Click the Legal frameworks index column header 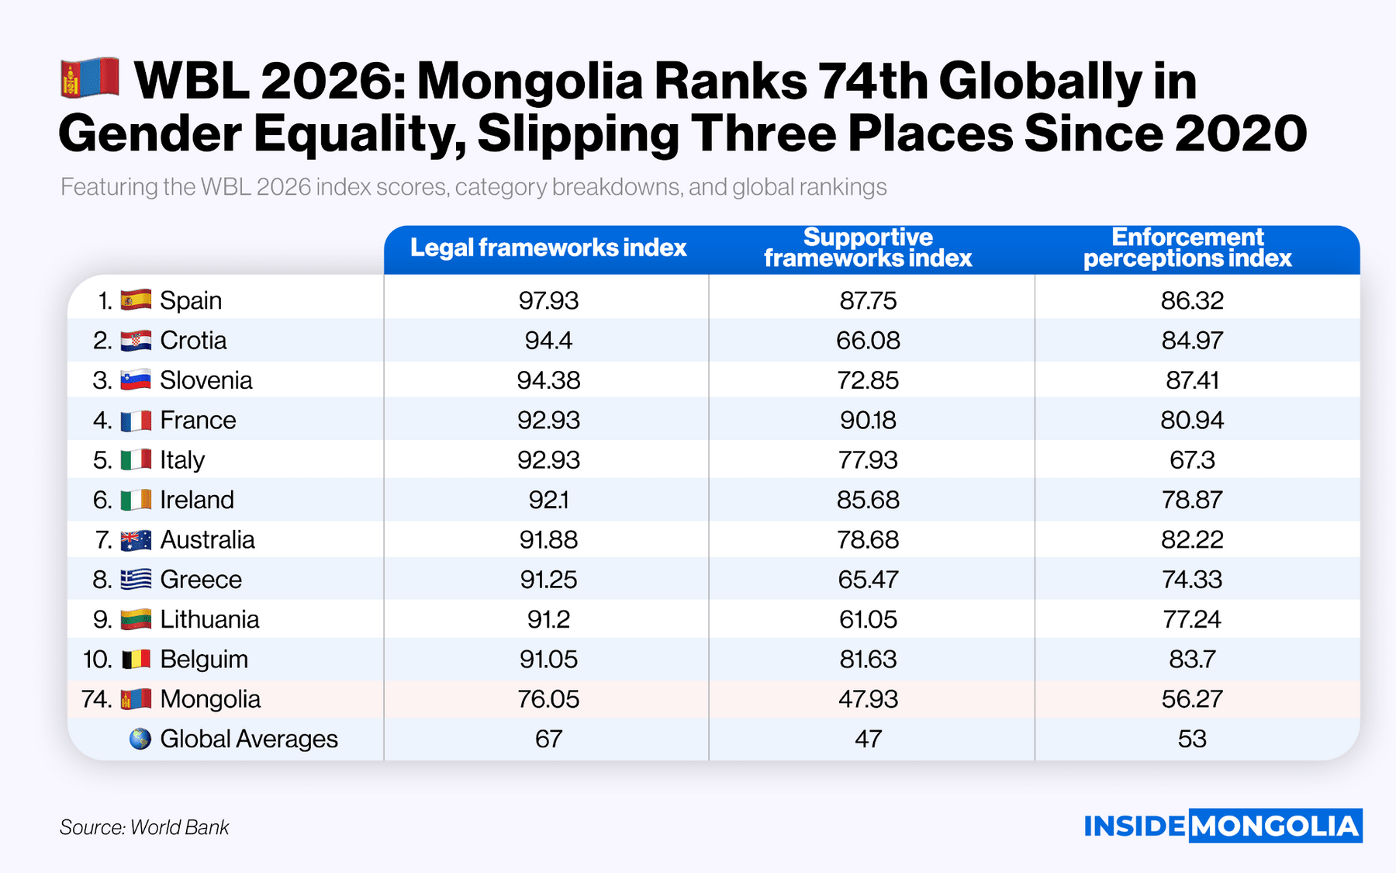(548, 248)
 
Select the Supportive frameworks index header (868, 248)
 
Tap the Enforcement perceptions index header (1187, 248)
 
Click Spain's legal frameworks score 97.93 (548, 300)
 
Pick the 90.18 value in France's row (868, 420)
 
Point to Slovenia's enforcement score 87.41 (1192, 380)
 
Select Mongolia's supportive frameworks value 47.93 (868, 699)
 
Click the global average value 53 (1192, 739)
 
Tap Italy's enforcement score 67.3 (1192, 460)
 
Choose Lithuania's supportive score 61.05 (868, 619)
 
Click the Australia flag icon (136, 540)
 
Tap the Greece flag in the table (136, 580)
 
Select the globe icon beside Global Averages (140, 739)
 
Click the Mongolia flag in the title (90, 78)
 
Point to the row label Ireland (197, 500)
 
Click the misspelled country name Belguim (204, 660)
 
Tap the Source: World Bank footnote (144, 827)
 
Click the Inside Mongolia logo (1222, 826)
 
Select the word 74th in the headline (874, 81)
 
